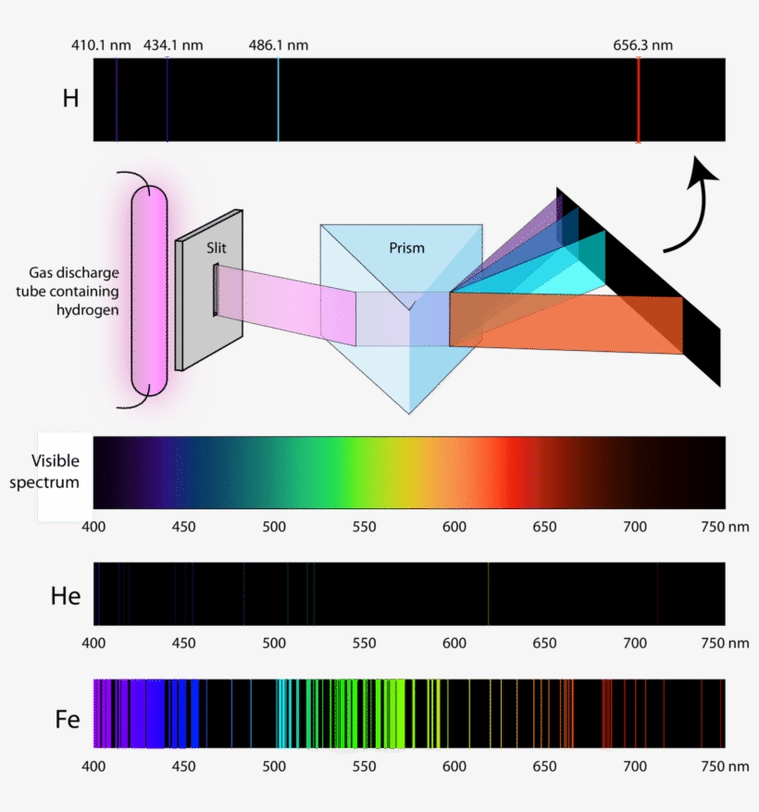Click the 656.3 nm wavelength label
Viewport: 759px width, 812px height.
(x=642, y=45)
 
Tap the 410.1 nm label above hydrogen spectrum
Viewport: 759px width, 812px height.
(x=101, y=45)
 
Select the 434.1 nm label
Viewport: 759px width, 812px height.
(x=173, y=45)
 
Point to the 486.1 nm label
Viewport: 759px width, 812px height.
(x=278, y=45)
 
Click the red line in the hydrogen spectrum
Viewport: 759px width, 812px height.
(x=639, y=99)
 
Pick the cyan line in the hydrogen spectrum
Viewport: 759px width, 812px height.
(x=279, y=99)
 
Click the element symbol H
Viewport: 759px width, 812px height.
(x=70, y=98)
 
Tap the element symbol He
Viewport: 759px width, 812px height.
(x=65, y=596)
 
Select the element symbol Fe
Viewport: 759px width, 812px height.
(x=68, y=719)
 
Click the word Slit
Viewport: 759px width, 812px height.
(x=217, y=248)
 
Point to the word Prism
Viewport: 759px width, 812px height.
(x=407, y=248)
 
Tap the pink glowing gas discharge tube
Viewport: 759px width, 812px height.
(x=150, y=290)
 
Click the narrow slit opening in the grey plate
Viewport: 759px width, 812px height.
(x=216, y=290)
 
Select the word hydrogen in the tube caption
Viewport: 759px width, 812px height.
(x=88, y=310)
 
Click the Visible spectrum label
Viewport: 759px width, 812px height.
(x=44, y=471)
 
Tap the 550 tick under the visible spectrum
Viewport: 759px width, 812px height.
(x=364, y=527)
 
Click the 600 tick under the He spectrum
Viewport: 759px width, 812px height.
(x=454, y=643)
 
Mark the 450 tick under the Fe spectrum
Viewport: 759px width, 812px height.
(x=184, y=767)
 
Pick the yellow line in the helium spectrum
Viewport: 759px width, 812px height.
(x=488, y=593)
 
